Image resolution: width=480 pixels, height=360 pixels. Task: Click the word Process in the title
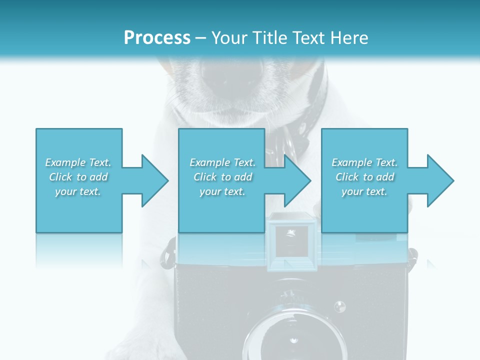point(157,37)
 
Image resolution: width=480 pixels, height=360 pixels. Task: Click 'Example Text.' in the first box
point(78,162)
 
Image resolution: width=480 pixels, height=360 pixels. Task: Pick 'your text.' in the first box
point(78,191)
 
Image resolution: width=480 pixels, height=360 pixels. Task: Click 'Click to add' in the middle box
point(222,177)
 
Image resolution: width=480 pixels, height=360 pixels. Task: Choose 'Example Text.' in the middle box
point(222,162)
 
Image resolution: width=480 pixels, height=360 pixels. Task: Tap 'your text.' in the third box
point(364,191)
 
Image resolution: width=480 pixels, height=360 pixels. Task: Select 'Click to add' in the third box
point(364,177)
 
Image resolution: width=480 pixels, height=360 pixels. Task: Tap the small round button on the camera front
point(340,305)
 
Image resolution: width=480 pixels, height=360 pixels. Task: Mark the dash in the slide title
point(200,38)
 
